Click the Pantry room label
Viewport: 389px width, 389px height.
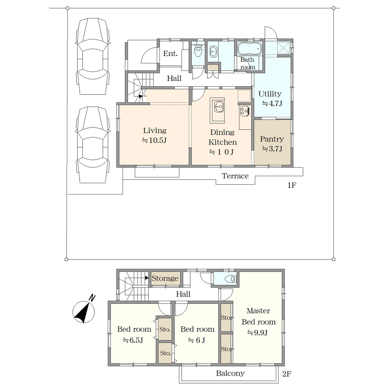point(272,139)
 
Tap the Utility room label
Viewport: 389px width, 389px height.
point(270,94)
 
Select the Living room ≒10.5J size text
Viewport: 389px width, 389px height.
point(154,140)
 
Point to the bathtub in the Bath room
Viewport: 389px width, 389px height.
point(250,48)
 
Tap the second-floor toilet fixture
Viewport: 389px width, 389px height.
point(231,279)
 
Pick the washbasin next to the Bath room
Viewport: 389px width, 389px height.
point(213,52)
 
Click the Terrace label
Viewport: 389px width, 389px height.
point(235,176)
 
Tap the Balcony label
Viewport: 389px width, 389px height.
point(230,373)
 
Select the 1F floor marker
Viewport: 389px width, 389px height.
point(292,185)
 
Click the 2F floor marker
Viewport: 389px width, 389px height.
point(287,374)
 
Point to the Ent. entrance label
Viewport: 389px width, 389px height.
point(170,54)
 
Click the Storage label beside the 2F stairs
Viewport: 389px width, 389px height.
point(165,279)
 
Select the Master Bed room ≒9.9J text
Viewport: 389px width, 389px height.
point(258,322)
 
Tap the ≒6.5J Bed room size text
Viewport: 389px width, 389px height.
point(133,340)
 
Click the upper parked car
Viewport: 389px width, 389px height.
point(93,56)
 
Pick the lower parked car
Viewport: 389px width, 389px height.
point(93,145)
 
